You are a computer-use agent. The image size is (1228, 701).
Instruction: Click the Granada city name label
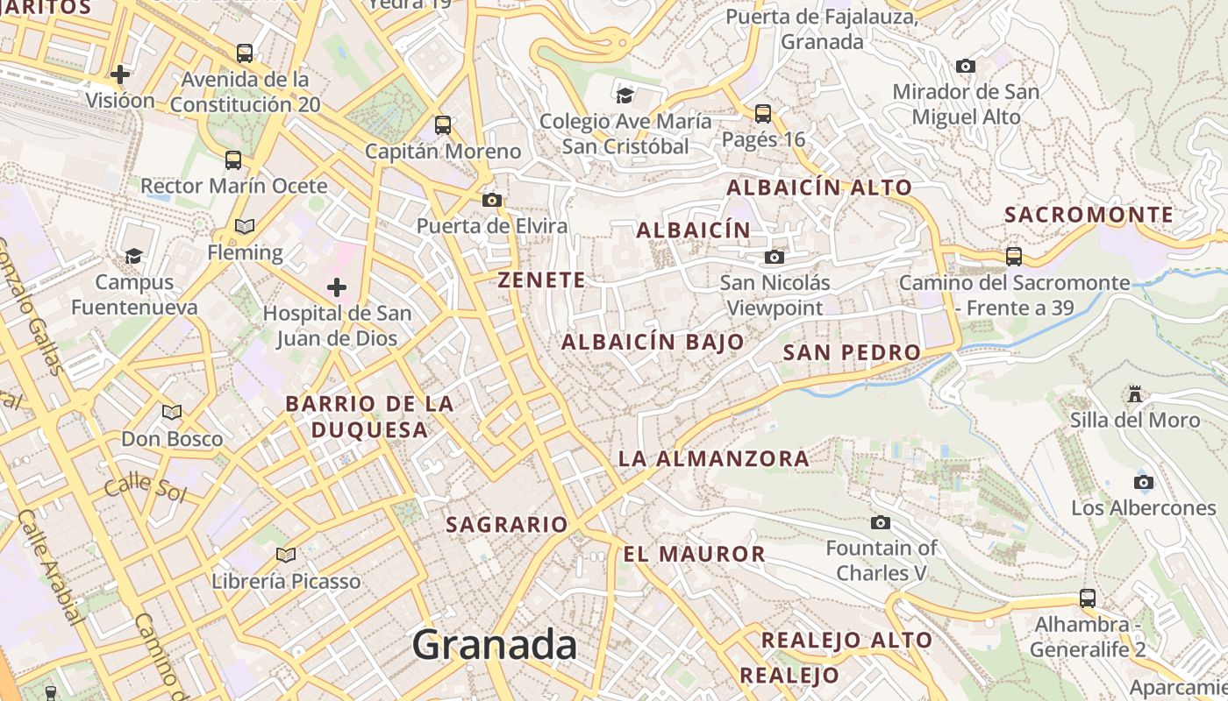point(495,646)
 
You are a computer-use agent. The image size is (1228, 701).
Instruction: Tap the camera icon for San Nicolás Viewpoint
point(774,257)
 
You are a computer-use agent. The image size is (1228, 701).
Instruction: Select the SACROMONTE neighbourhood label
point(1089,215)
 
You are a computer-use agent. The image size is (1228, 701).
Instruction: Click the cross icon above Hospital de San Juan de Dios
point(337,287)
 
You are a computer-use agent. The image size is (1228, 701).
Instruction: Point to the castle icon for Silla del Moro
point(1135,394)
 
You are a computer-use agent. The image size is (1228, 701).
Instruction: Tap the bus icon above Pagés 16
point(763,113)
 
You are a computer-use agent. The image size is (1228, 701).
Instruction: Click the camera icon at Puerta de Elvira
point(492,201)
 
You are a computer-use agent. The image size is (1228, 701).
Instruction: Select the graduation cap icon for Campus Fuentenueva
point(133,256)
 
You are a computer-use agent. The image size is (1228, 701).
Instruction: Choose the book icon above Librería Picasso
point(286,555)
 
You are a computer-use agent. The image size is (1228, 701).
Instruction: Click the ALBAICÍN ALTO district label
point(819,188)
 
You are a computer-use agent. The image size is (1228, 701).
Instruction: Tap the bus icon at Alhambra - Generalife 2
point(1088,598)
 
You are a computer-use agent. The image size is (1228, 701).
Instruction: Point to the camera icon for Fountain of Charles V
point(881,523)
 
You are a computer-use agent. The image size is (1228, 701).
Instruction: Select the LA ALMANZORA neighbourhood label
point(713,458)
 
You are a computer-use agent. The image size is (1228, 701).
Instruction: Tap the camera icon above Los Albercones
point(1143,482)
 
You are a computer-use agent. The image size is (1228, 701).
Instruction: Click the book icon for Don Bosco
point(172,412)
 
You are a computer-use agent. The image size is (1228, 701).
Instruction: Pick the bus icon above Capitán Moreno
point(443,125)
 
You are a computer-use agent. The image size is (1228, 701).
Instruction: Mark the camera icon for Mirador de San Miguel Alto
point(966,67)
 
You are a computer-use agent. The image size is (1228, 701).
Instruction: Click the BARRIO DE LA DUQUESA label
point(370,416)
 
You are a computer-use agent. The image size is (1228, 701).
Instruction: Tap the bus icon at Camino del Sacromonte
point(1014,257)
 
